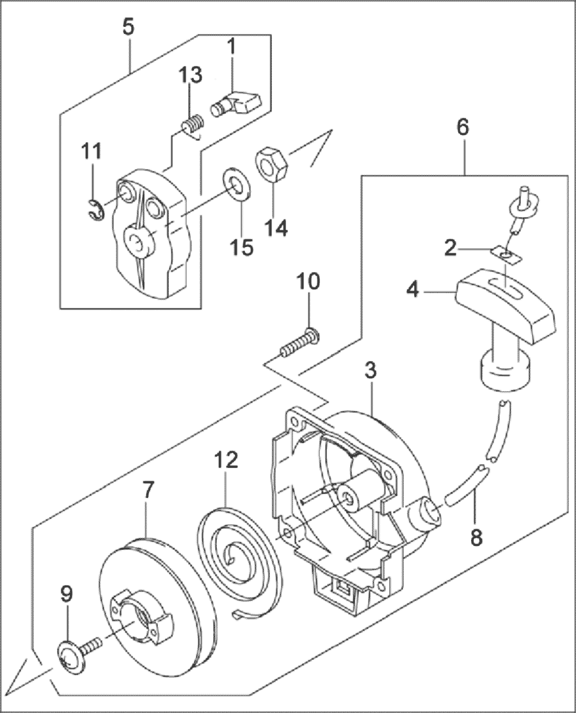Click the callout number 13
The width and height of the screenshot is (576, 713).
click(190, 75)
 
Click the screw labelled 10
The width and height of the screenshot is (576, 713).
click(300, 342)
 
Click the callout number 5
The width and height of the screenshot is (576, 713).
click(129, 28)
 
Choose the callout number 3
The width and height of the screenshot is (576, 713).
click(371, 371)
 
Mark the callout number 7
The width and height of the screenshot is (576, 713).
click(147, 490)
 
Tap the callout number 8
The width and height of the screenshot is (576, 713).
click(476, 536)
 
